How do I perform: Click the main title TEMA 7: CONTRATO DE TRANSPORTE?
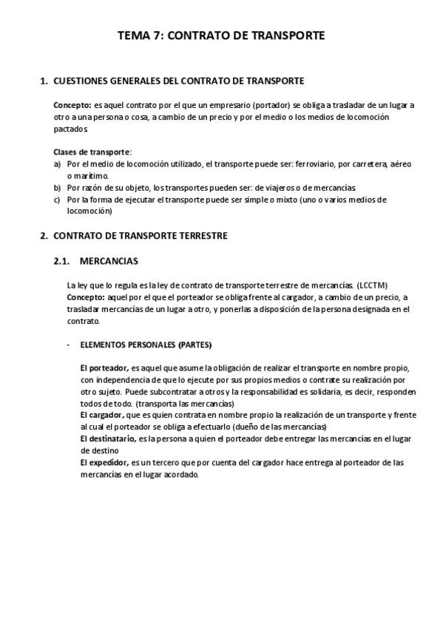click(221, 35)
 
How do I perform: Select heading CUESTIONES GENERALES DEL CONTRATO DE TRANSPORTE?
click(179, 81)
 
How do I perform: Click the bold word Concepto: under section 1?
click(72, 105)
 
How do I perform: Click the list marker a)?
click(58, 163)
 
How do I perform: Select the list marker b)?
click(58, 187)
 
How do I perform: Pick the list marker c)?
click(58, 199)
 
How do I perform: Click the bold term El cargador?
click(103, 415)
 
